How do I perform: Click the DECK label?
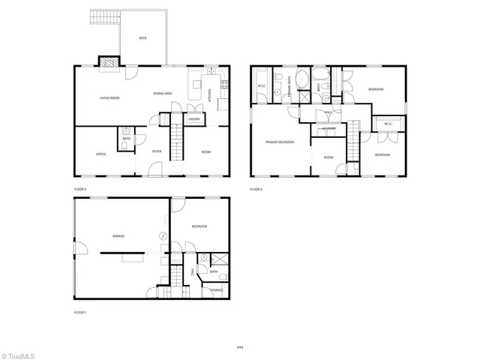(x=142, y=38)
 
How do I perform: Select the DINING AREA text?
(x=163, y=93)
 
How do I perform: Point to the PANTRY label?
(x=193, y=118)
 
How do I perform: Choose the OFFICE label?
(x=100, y=154)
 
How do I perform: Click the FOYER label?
(x=157, y=151)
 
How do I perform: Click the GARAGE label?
(x=118, y=236)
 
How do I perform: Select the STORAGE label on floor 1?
(x=216, y=289)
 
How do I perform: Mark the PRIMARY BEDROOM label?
(x=279, y=142)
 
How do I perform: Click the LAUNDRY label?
(x=328, y=128)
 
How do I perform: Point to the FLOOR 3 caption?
(x=256, y=189)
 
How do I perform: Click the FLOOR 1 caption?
(x=80, y=312)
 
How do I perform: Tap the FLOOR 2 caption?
(x=80, y=189)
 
